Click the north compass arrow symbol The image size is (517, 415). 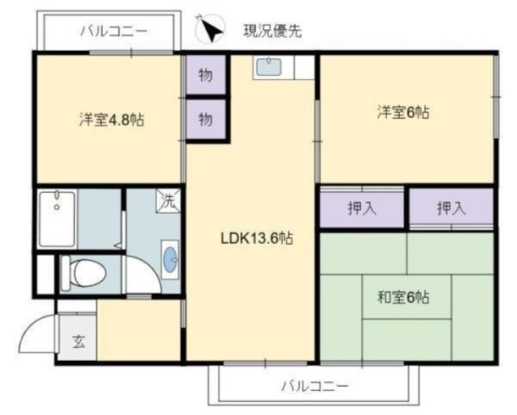pyautogui.click(x=210, y=30)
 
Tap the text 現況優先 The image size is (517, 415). pyautogui.click(x=273, y=31)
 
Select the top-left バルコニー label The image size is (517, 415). pyautogui.click(x=113, y=32)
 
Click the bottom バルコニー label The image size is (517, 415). pyautogui.click(x=315, y=385)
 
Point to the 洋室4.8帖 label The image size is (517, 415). pyautogui.click(x=111, y=119)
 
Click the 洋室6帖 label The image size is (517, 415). pyautogui.click(x=401, y=112)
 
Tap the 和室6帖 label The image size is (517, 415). pyautogui.click(x=402, y=296)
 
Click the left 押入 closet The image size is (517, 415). pyautogui.click(x=362, y=208)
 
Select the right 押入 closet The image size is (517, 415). pyautogui.click(x=451, y=208)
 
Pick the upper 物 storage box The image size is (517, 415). pyautogui.click(x=206, y=77)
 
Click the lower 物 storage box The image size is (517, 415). pyautogui.click(x=206, y=119)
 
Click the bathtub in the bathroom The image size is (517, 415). pyautogui.click(x=57, y=217)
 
